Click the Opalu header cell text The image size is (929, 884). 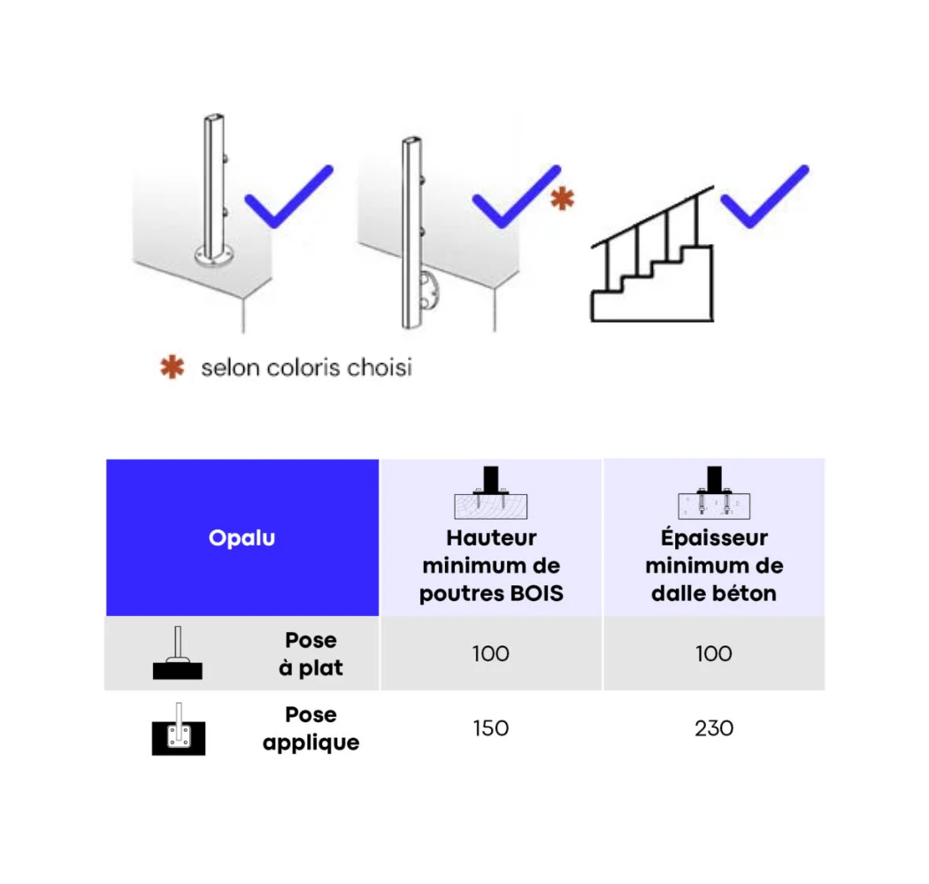tap(242, 538)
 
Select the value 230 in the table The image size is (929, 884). tap(714, 728)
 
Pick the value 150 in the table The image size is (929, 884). tap(491, 728)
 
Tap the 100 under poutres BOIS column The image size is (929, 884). tap(491, 654)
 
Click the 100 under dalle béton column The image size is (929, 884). tap(714, 654)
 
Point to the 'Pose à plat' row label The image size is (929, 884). tap(311, 654)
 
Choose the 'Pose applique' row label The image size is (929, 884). tap(311, 728)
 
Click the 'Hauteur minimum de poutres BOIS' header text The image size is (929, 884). tap(491, 566)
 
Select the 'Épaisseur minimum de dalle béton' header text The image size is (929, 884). tap(714, 566)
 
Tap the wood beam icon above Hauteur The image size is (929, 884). tap(491, 495)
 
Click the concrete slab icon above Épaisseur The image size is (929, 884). tap(714, 495)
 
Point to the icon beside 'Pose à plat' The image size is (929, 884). tap(178, 655)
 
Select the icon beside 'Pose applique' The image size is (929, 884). tap(178, 730)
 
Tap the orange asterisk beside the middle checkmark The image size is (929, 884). tap(562, 200)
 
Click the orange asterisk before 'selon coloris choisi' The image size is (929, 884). tap(172, 367)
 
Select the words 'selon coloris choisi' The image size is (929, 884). tap(306, 367)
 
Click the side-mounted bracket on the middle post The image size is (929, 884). tap(432, 291)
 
